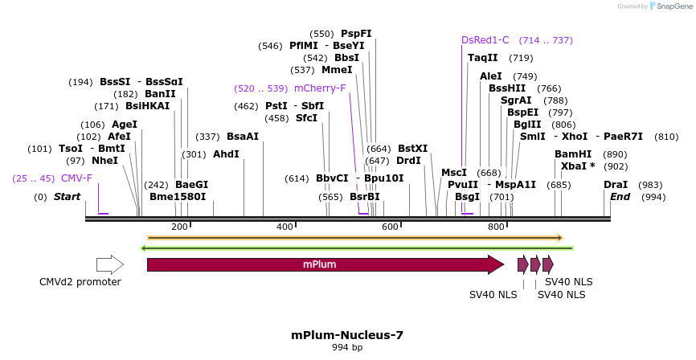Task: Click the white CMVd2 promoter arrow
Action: click(x=109, y=264)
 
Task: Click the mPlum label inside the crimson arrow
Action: click(x=319, y=264)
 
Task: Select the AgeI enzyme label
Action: click(x=124, y=125)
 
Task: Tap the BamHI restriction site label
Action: click(x=573, y=154)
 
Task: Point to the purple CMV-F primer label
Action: click(x=76, y=178)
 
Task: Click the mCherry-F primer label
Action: click(x=320, y=88)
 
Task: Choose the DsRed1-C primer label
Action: click(x=485, y=40)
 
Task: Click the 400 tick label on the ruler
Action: click(x=285, y=227)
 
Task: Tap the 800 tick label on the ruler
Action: click(x=497, y=227)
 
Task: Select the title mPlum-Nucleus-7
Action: click(x=347, y=336)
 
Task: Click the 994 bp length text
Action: click(x=347, y=348)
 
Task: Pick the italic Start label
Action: click(x=68, y=197)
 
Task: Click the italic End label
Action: click(x=620, y=197)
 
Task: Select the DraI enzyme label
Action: click(x=616, y=185)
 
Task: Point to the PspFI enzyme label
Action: click(x=356, y=34)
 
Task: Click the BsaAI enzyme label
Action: click(x=243, y=137)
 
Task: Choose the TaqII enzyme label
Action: click(x=483, y=58)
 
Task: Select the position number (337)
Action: click(x=207, y=137)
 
